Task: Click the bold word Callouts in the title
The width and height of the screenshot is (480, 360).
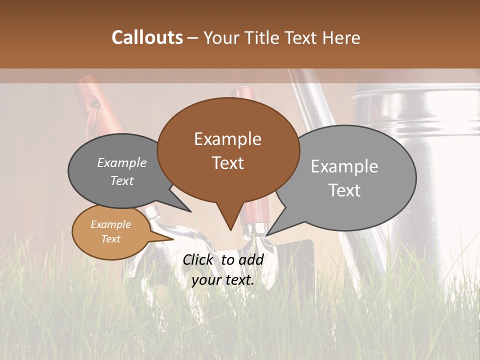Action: pyautogui.click(x=147, y=38)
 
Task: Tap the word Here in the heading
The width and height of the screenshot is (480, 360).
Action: pyautogui.click(x=341, y=38)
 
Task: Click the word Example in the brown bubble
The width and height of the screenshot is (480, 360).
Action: pyautogui.click(x=227, y=138)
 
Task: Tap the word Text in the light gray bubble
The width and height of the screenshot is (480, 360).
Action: pyautogui.click(x=344, y=190)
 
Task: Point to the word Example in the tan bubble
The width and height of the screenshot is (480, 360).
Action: pyautogui.click(x=110, y=224)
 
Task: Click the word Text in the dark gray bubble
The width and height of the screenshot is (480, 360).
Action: pyautogui.click(x=121, y=181)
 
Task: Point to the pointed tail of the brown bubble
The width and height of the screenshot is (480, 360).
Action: pyautogui.click(x=230, y=229)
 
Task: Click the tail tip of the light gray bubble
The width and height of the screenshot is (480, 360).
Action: pyautogui.click(x=267, y=235)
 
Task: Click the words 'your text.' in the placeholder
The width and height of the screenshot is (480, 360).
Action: pyautogui.click(x=223, y=280)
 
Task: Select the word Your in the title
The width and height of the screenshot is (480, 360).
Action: pyautogui.click(x=221, y=38)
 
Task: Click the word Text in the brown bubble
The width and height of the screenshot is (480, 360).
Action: pyautogui.click(x=227, y=163)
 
